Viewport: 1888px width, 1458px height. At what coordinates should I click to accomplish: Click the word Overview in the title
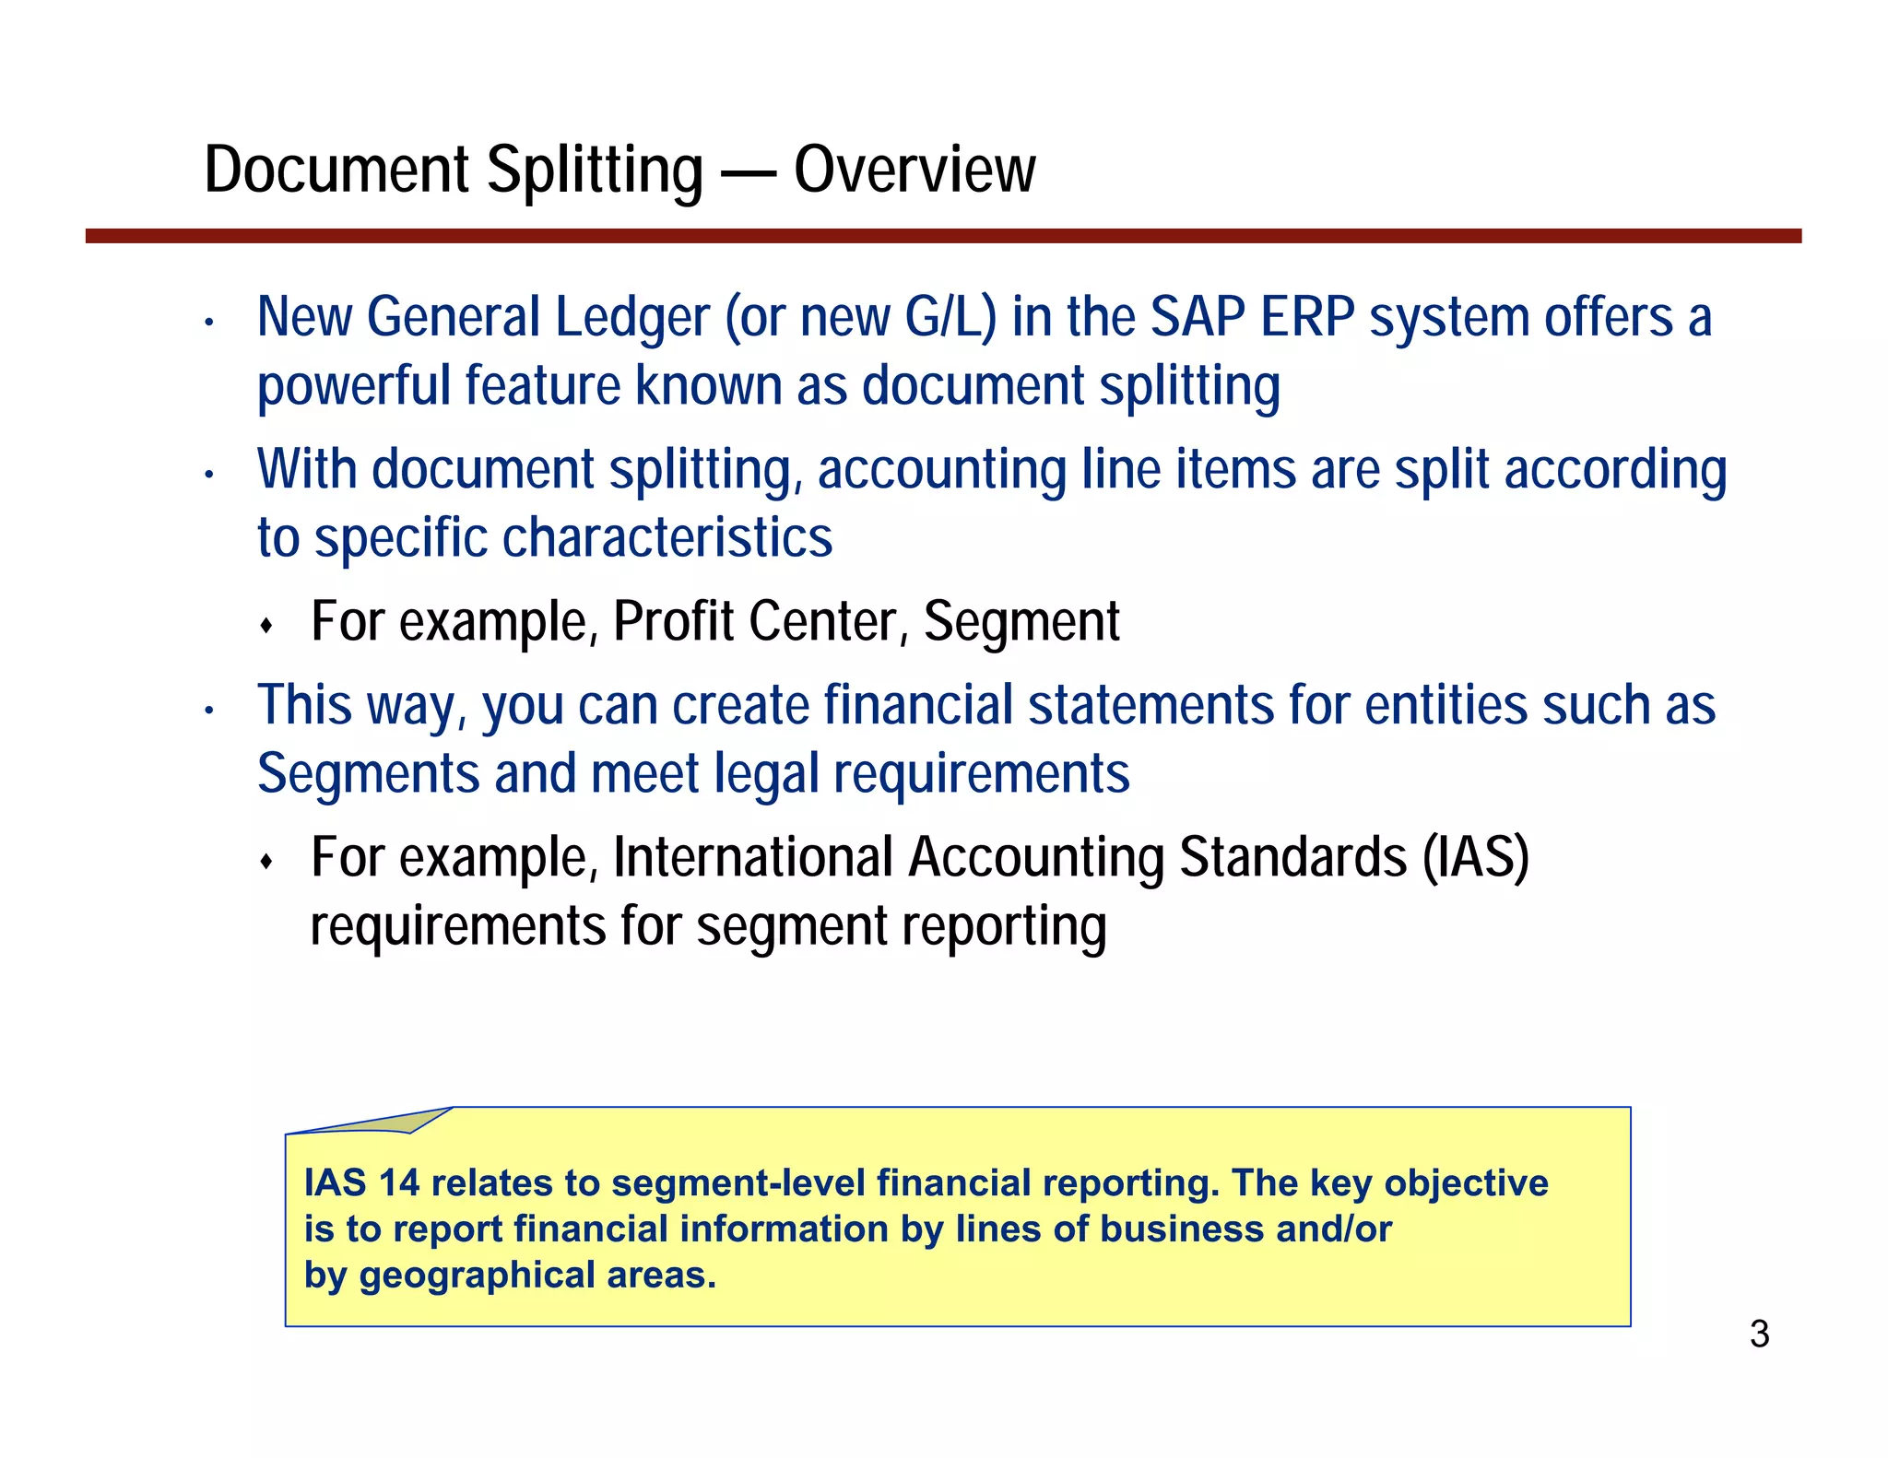[914, 170]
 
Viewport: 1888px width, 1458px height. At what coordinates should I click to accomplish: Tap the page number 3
[1759, 1335]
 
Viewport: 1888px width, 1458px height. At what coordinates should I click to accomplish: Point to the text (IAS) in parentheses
[1475, 857]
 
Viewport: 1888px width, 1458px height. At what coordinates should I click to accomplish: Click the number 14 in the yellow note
[399, 1183]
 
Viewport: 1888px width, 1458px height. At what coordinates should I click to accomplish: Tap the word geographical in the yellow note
[478, 1276]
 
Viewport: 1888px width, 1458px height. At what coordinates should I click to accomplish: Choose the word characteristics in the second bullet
[667, 538]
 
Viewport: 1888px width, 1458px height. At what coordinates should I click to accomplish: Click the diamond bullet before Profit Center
[266, 627]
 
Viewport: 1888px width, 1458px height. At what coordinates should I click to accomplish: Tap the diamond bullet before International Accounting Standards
[266, 863]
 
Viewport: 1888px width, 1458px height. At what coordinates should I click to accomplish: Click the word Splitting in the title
[595, 170]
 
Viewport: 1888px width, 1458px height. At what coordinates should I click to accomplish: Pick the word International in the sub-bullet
[753, 857]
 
